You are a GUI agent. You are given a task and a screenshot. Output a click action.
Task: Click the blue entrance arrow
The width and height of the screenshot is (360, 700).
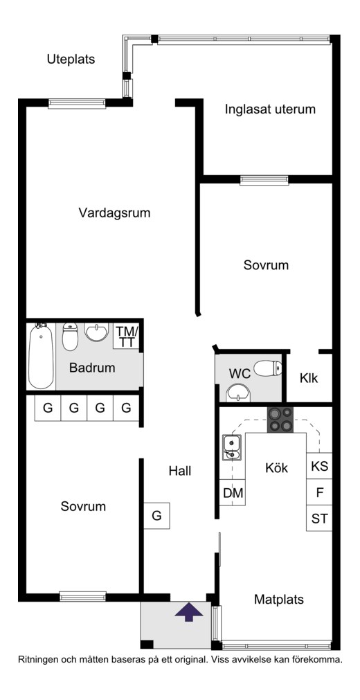[x=188, y=611]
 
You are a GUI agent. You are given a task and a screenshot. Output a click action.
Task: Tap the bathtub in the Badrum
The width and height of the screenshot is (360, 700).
[x=41, y=356]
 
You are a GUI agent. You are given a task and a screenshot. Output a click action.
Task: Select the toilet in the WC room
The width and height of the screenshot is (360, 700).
[x=268, y=368]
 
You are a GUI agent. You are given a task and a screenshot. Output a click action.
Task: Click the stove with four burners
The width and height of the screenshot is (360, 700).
[x=280, y=420]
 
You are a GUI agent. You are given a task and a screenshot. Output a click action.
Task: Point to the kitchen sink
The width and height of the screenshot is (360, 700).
[x=232, y=447]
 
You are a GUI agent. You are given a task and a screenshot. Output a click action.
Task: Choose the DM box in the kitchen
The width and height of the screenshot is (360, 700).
[x=232, y=493]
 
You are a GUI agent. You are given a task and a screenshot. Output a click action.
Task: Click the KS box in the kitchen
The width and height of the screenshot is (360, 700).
[x=319, y=467]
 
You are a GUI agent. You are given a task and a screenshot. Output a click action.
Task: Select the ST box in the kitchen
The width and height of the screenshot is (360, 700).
[x=319, y=519]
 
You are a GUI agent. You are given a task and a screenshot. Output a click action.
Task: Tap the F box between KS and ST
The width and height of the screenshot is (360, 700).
[x=319, y=492]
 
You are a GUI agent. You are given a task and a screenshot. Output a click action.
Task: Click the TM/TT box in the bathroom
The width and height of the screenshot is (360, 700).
[x=127, y=336]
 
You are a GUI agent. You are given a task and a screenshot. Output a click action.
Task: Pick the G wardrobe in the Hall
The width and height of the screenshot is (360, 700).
[x=156, y=516]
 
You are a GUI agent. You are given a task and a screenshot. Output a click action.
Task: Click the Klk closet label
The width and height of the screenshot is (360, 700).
[x=309, y=379]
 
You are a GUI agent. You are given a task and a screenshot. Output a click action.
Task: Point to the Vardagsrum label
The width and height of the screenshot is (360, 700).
[x=114, y=213]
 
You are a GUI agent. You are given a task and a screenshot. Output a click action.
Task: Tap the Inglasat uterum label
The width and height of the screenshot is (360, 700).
[x=270, y=109]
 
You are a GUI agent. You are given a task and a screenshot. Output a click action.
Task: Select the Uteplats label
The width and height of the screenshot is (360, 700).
[x=71, y=60]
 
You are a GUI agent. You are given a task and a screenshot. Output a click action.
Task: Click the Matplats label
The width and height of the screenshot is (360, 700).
[x=279, y=599]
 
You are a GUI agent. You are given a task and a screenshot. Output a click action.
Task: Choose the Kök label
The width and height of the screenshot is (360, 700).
[x=276, y=468]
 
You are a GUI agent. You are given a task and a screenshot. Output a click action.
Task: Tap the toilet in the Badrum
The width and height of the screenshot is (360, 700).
[x=70, y=336]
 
